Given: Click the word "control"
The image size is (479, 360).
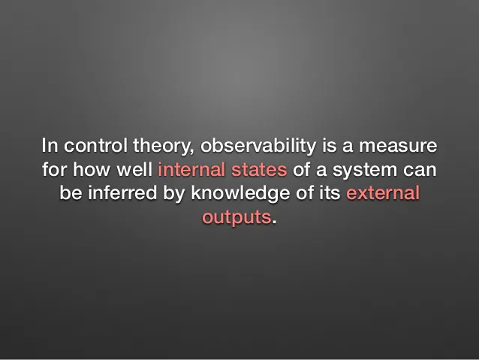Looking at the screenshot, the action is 95,146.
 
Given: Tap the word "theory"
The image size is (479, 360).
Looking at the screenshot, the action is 164,147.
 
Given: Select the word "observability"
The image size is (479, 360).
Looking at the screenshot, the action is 258,147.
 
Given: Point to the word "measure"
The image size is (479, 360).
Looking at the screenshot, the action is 398,147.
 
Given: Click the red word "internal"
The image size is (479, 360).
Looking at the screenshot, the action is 191,169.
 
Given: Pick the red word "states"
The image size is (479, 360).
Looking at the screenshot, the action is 259,170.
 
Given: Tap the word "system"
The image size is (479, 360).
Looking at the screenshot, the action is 365,171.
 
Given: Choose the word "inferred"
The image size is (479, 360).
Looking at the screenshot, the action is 122,193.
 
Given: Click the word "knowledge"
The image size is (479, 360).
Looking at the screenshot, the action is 240,195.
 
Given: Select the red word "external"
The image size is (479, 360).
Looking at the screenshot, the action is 383,193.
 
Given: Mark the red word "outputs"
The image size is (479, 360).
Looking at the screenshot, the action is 236,218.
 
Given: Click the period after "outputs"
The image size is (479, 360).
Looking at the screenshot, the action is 274,222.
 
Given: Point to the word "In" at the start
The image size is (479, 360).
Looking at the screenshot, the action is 50,146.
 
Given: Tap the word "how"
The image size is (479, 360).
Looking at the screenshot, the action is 92,169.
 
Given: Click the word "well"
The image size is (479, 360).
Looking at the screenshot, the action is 134,169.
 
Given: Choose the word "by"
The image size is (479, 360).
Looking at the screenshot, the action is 174,195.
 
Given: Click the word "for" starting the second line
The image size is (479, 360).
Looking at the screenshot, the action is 54,169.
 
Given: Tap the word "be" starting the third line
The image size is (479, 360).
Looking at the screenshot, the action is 71,193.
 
